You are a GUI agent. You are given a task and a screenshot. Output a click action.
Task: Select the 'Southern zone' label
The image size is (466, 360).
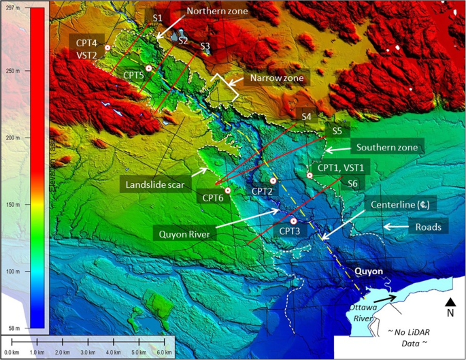tap(386, 148)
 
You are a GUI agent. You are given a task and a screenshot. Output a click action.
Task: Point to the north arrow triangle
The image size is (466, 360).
tap(450, 301)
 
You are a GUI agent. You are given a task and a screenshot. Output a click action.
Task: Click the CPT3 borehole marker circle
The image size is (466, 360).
tap(294, 221)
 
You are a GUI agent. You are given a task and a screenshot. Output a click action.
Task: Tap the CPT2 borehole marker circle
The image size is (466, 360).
tap(273, 180)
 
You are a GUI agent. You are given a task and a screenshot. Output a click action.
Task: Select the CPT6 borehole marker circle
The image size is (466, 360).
tap(228, 191)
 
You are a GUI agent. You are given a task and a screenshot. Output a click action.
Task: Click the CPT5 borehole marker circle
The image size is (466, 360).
tap(148, 69)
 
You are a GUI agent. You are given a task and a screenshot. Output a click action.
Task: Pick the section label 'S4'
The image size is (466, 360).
tap(307, 117)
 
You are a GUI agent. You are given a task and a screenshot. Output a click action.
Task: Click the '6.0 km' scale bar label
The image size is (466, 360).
tap(163, 353)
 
